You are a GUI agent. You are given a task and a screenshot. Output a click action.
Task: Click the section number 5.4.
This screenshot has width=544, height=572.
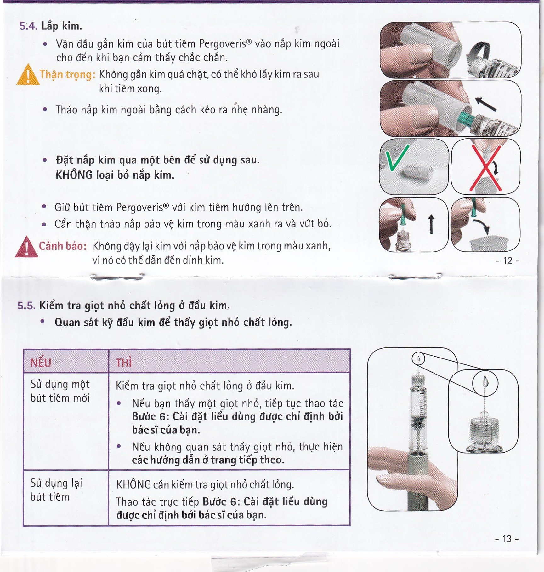(28, 26)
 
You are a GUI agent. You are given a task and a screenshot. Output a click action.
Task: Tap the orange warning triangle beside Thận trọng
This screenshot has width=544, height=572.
(28, 76)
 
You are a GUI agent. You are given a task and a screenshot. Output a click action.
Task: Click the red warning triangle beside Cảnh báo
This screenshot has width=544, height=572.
(26, 247)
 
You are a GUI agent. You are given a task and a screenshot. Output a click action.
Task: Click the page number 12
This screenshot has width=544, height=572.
(507, 261)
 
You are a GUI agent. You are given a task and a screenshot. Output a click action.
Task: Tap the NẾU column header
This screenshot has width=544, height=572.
(41, 363)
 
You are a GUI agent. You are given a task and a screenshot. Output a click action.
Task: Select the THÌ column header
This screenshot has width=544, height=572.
(124, 363)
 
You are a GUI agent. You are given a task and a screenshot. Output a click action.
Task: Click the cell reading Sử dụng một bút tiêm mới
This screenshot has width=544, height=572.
(60, 391)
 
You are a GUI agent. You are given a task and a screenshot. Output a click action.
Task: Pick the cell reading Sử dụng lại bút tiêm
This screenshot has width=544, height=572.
(56, 490)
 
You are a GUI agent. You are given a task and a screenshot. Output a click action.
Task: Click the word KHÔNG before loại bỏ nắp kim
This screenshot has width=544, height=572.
(74, 175)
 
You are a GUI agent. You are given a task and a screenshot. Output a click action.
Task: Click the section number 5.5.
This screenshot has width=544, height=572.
(26, 306)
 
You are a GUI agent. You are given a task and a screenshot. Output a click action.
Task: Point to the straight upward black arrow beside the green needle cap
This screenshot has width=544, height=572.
(431, 224)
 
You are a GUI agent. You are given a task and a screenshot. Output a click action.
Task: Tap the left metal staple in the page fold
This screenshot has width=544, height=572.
(117, 277)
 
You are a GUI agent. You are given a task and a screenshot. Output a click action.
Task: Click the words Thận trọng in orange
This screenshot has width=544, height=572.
(67, 74)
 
